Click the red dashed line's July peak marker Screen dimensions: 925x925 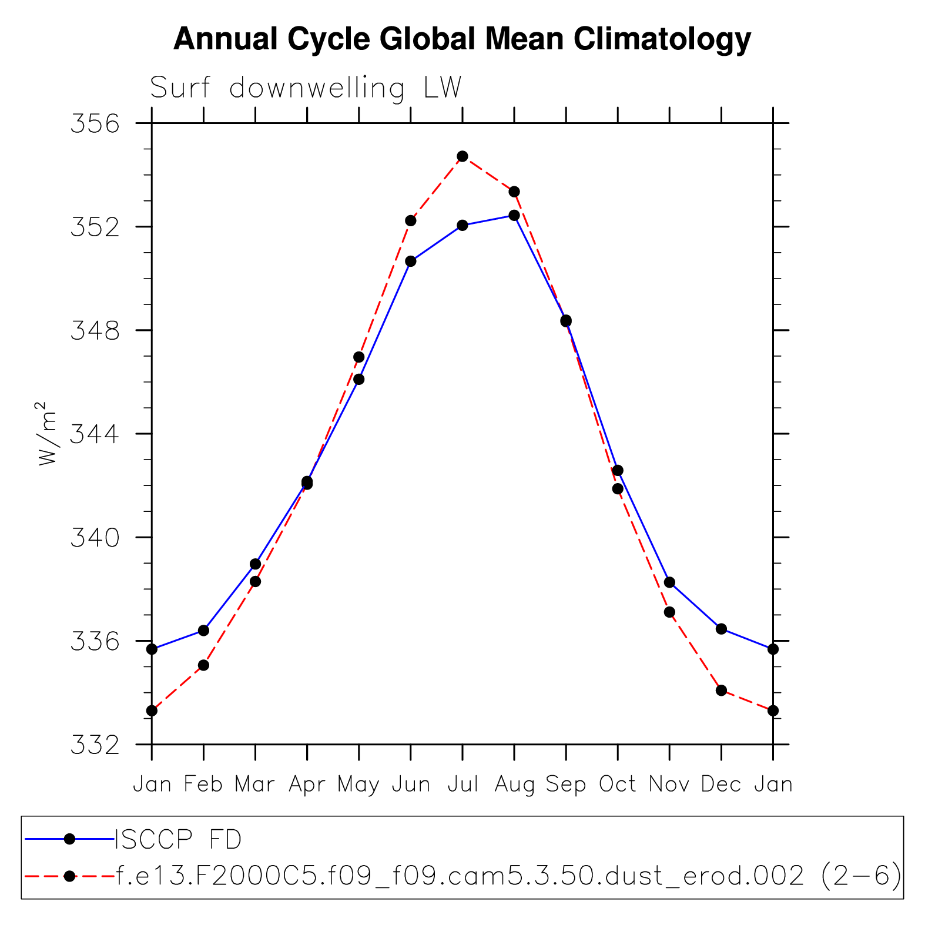click(x=462, y=156)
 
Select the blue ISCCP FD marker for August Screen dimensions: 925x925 click(x=514, y=215)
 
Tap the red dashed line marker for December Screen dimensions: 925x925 click(x=721, y=690)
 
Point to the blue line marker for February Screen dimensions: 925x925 click(x=203, y=630)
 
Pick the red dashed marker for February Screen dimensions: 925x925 click(x=203, y=665)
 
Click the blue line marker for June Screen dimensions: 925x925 click(x=411, y=261)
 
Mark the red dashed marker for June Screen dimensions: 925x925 click(x=411, y=220)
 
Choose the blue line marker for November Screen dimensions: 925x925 click(x=669, y=582)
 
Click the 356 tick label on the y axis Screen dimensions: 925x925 click(x=95, y=124)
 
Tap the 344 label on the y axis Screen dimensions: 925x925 click(x=95, y=434)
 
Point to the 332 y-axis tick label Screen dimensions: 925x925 click(x=95, y=745)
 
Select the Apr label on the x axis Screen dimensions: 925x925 click(x=307, y=785)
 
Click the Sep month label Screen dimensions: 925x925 click(x=566, y=785)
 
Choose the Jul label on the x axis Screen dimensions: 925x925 click(x=462, y=785)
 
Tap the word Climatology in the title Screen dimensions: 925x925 click(x=662, y=39)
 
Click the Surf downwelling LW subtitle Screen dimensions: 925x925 click(x=306, y=88)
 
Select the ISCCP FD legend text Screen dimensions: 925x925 click(x=179, y=839)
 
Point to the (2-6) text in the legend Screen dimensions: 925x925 click(x=861, y=876)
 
